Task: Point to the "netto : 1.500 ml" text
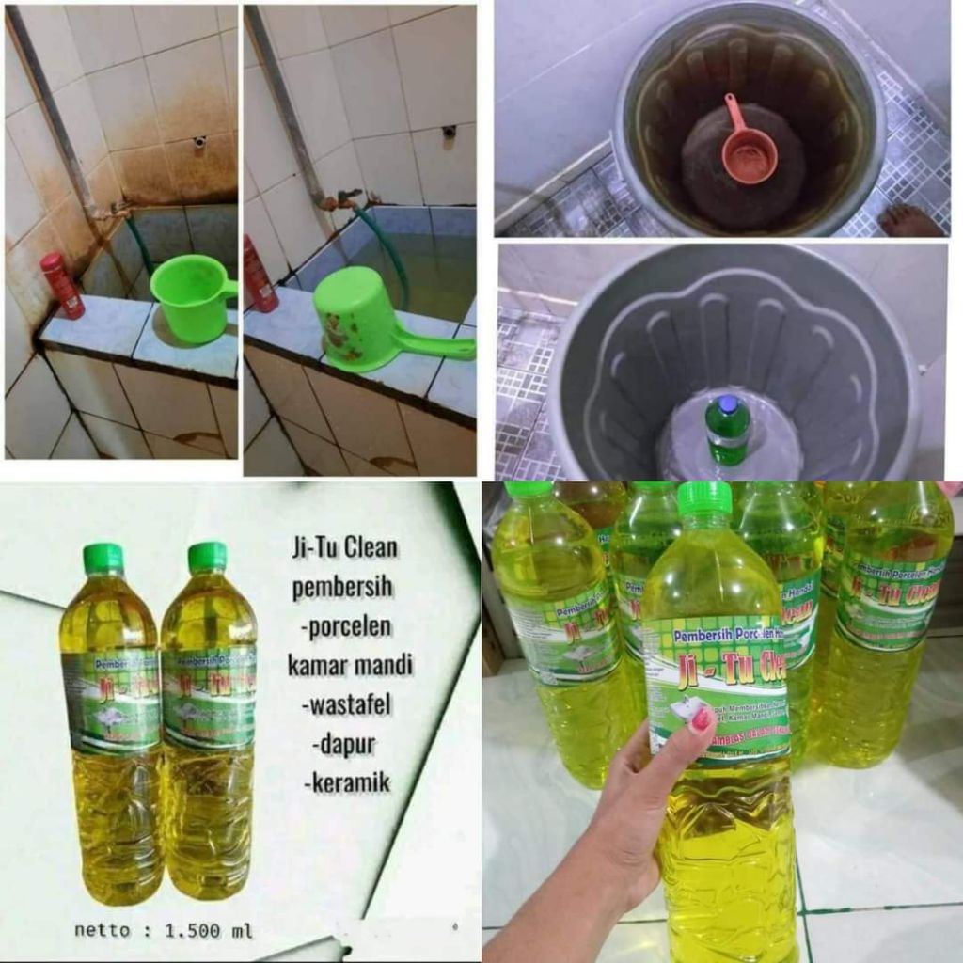[163, 930]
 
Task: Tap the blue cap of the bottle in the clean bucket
[728, 406]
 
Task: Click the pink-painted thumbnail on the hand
[701, 721]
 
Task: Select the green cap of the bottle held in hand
[704, 499]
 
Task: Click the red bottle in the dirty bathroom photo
[62, 284]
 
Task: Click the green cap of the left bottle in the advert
[103, 559]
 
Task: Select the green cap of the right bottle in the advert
[207, 557]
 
